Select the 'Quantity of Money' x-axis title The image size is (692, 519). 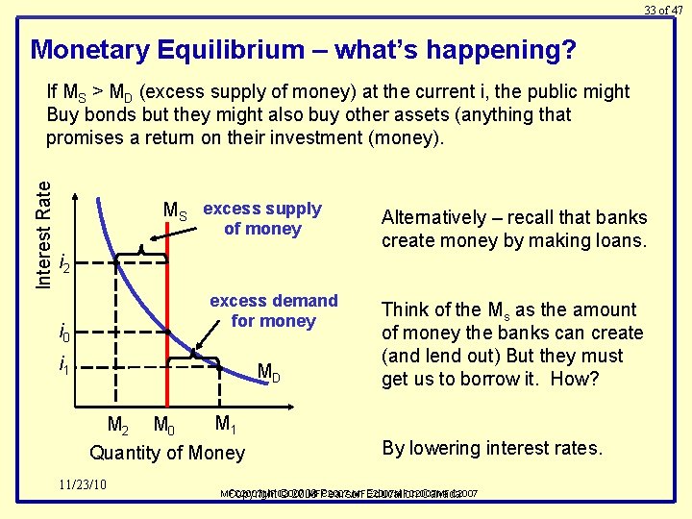pos(167,453)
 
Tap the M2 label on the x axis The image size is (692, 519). pos(118,425)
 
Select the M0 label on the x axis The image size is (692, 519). pos(164,425)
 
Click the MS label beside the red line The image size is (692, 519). pos(176,211)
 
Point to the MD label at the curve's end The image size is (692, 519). pos(269,372)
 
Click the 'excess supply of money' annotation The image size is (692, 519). pos(261,218)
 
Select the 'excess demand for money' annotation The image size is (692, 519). pos(274,310)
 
